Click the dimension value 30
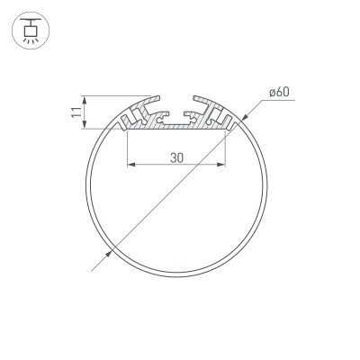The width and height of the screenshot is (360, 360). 175,157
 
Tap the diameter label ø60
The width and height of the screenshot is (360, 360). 277,92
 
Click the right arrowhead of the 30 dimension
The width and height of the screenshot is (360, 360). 221,166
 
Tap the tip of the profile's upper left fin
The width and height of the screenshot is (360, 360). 159,94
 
